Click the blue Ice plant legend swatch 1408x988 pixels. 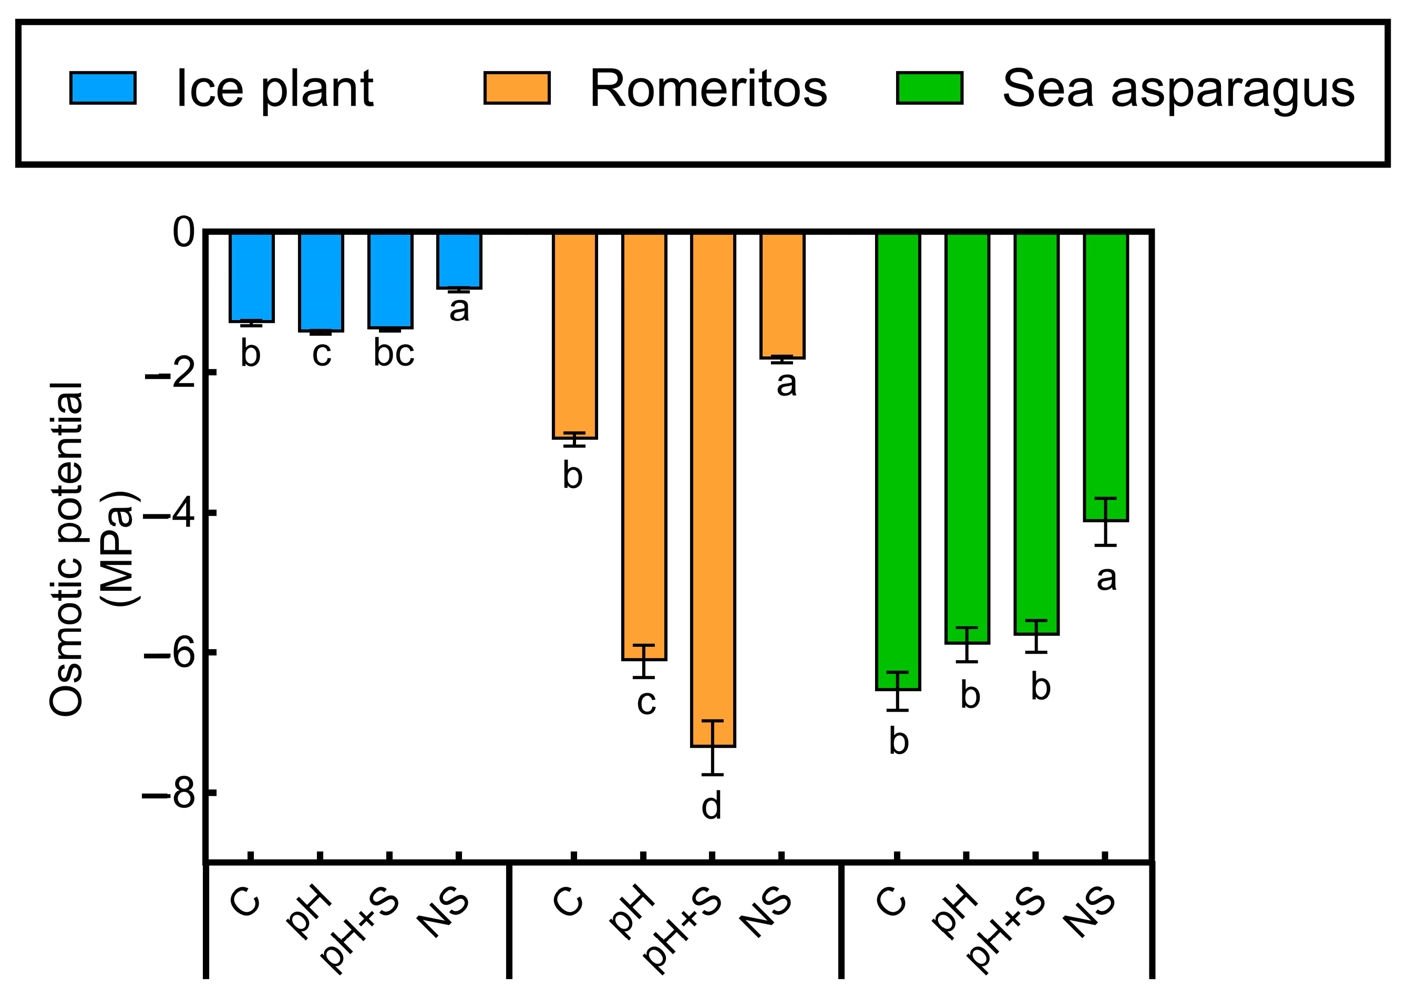(102, 88)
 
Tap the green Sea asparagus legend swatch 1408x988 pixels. (929, 88)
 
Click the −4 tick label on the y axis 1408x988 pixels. (168, 514)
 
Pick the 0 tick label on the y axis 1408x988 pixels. (183, 233)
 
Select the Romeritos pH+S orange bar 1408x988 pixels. (713, 491)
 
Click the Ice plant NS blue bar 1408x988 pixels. (459, 261)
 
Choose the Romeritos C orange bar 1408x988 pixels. (574, 334)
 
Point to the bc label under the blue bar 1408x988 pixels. (394, 353)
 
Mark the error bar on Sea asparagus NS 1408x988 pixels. (1106, 522)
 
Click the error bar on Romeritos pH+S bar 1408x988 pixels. (713, 748)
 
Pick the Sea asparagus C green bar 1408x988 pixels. (898, 460)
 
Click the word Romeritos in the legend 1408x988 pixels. (708, 89)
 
